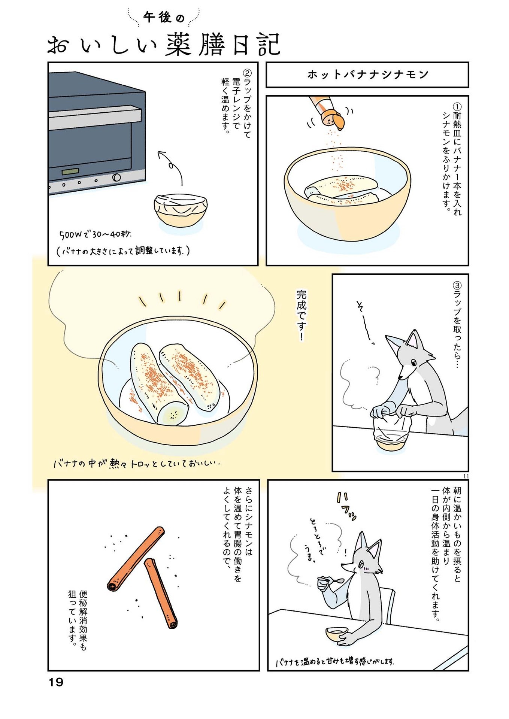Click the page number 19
pos(56,682)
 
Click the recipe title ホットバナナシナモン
pos(367,75)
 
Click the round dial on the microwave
pos(116,178)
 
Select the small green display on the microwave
pos(70,172)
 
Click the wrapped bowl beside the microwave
pos(181,209)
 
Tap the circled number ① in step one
pos(457,106)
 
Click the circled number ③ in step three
pos(457,285)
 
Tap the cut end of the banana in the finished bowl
pos(173,414)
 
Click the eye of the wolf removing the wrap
pos(413,362)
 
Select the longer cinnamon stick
pos(136,559)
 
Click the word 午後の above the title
pos(164,18)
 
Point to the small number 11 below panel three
pos(466,476)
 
